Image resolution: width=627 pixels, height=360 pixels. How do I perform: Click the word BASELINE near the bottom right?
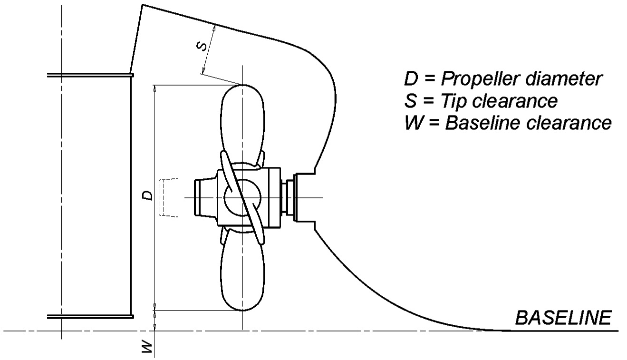pyautogui.click(x=563, y=318)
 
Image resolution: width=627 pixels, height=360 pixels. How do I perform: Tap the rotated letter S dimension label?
pyautogui.click(x=202, y=46)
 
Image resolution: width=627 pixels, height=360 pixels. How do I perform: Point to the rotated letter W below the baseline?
pyautogui.click(x=147, y=347)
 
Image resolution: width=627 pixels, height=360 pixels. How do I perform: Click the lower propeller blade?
pyautogui.click(x=243, y=270)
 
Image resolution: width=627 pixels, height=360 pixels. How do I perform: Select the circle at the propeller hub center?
pyautogui.click(x=243, y=198)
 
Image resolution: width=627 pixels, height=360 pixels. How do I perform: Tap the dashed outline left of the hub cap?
pyautogui.click(x=168, y=197)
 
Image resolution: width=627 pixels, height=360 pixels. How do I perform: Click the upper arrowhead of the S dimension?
pyautogui.click(x=214, y=28)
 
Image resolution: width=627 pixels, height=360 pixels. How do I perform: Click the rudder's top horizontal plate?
pyautogui.click(x=90, y=75)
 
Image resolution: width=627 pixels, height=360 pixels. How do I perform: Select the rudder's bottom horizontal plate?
pyautogui.click(x=90, y=317)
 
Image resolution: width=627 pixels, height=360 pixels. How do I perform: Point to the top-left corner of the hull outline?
pyautogui.click(x=143, y=4)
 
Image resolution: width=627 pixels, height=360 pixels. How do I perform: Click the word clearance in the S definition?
pyautogui.click(x=514, y=101)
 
